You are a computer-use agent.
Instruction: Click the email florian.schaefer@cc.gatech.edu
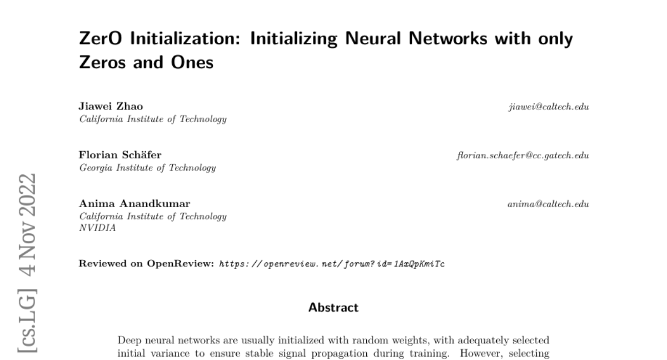tap(522, 156)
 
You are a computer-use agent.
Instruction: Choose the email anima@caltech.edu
tap(548, 204)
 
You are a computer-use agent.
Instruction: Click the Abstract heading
tap(333, 307)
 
